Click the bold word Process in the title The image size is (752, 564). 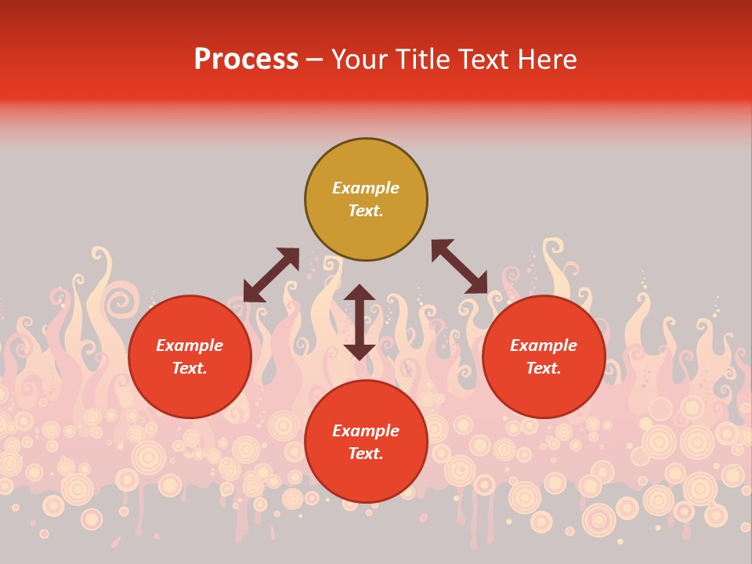pos(246,60)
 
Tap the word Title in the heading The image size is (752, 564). pos(426,60)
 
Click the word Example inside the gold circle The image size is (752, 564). pos(366,188)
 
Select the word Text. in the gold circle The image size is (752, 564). pos(366,211)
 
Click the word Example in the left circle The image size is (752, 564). pos(190,345)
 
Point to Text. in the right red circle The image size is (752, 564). pos(544,368)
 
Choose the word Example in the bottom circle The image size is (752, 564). pos(366,431)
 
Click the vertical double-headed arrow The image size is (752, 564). pos(360,322)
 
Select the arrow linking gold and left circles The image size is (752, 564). pos(271,275)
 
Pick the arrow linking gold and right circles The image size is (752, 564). pos(459,266)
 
